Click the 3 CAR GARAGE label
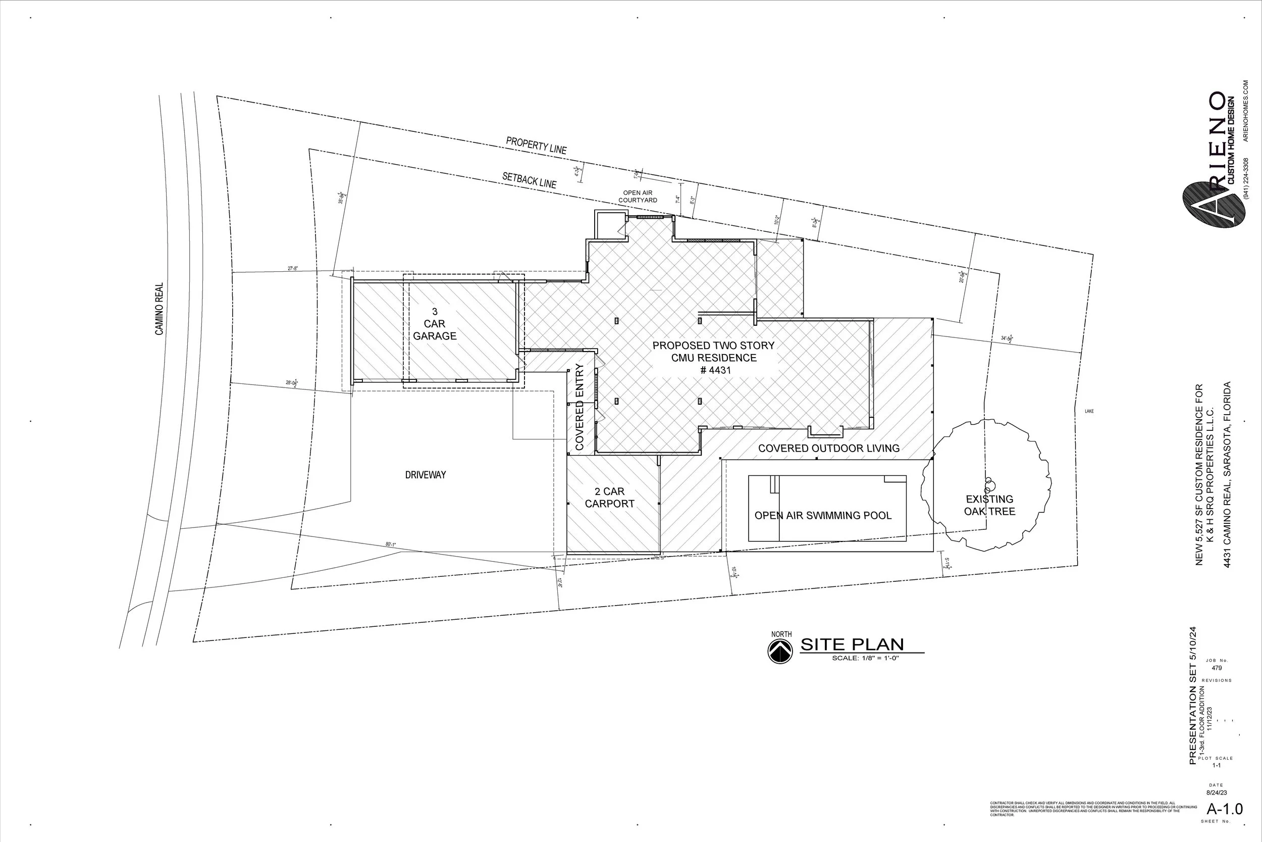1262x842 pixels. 435,324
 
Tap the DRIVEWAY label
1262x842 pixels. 426,475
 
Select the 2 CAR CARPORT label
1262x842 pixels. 609,497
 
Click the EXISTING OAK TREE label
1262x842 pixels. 989,505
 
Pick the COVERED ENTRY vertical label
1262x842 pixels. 580,407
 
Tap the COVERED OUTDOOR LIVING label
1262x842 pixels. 828,448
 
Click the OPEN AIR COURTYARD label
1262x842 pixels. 638,196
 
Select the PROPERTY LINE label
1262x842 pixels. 536,145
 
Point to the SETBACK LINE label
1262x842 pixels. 529,179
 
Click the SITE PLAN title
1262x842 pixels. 852,645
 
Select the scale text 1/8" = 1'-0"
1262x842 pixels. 865,658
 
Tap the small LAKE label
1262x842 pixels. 1089,411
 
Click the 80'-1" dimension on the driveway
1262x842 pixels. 391,544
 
